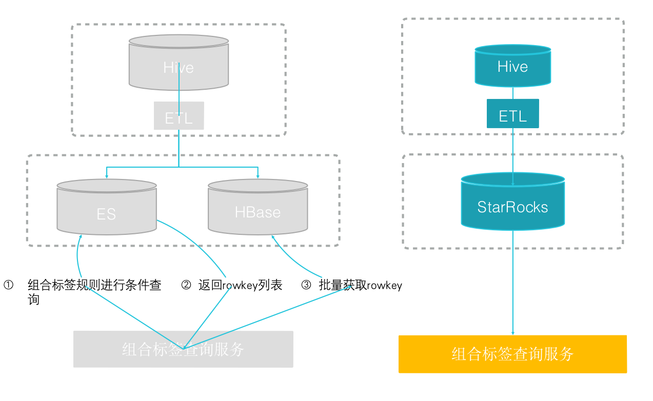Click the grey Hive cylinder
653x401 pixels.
tap(179, 63)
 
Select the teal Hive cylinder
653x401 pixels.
tap(512, 66)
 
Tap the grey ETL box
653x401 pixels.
tap(179, 116)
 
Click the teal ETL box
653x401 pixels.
tap(512, 114)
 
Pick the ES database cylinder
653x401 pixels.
tap(106, 208)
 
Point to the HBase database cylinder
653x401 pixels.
tap(258, 208)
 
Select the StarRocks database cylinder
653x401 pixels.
tap(512, 203)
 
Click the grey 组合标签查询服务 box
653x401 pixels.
tap(183, 349)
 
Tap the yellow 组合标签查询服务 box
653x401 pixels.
tap(512, 354)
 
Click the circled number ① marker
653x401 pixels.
tap(8, 285)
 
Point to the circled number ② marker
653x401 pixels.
tap(186, 285)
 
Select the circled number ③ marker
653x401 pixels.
tap(306, 285)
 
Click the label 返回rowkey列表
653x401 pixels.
tap(240, 285)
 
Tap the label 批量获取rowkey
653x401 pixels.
tap(360, 285)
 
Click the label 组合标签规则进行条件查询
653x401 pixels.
tap(94, 291)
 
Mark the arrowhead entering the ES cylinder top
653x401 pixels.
tap(106, 177)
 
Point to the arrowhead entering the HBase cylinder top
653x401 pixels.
tap(258, 177)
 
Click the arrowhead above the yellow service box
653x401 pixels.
tap(512, 333)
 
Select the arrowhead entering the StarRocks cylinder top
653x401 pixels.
tap(512, 183)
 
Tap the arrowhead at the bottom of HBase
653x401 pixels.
tap(273, 237)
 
